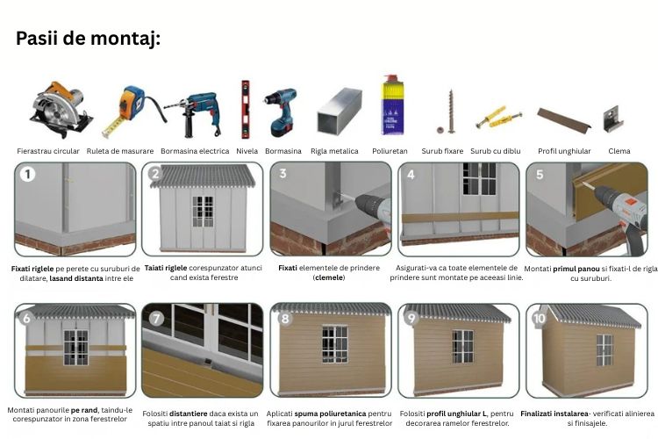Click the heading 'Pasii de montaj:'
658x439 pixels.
[x=88, y=39]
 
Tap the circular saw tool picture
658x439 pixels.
[x=61, y=109]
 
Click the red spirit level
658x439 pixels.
[x=245, y=109]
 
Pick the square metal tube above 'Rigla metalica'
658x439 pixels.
[x=340, y=111]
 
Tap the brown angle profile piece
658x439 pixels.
[x=564, y=119]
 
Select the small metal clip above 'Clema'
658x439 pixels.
[x=613, y=119]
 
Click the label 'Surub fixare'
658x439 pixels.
[x=442, y=151]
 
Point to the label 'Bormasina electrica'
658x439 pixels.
[x=195, y=151]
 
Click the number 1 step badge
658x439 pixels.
[x=28, y=174]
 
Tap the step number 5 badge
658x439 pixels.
[x=540, y=174]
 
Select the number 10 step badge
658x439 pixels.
[x=540, y=318]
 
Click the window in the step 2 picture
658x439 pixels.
[x=204, y=212]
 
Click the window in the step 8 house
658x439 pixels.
[x=335, y=344]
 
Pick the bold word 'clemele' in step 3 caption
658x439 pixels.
[x=329, y=277]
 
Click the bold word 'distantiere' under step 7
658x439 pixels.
[x=189, y=414]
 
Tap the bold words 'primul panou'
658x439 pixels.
[x=576, y=269]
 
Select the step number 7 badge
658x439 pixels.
[x=156, y=318]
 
